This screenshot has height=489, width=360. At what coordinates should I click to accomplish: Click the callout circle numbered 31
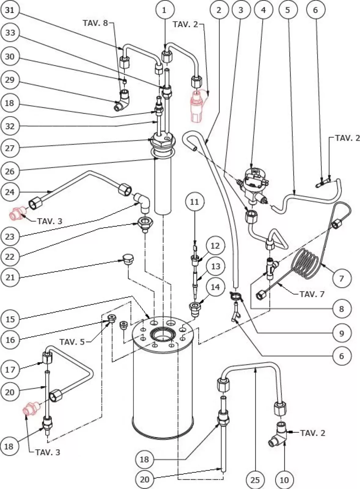[x=10, y=10]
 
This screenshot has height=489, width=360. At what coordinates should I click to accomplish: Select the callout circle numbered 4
[x=263, y=10]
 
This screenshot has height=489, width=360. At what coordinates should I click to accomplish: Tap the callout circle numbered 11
[x=194, y=202]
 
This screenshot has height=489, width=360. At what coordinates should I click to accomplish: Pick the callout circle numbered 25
[x=255, y=480]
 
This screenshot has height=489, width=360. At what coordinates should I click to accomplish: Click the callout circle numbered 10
[x=284, y=480]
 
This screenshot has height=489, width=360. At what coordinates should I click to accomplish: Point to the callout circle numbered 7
[x=341, y=278]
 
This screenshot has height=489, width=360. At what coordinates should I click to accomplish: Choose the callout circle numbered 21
[x=10, y=277]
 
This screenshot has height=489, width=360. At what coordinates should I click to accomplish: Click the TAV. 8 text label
[x=95, y=23]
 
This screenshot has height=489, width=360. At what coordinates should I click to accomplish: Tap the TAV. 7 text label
[x=312, y=294]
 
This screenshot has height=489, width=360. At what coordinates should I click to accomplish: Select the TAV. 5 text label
[x=72, y=342]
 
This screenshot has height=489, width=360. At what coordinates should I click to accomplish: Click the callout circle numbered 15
[x=10, y=319]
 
